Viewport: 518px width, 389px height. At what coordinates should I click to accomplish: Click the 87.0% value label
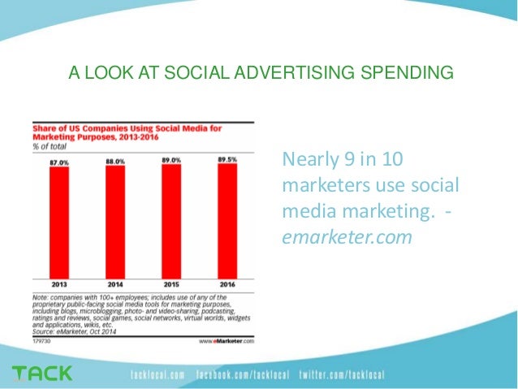(60, 162)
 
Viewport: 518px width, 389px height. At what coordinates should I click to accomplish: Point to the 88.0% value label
(116, 162)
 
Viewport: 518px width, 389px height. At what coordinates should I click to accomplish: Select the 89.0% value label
(171, 161)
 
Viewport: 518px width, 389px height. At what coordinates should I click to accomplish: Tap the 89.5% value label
(227, 161)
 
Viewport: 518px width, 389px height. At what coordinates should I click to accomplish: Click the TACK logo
(41, 374)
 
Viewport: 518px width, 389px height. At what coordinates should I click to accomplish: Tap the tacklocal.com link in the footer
(158, 375)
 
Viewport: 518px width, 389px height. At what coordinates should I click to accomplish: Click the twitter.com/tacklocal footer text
(341, 375)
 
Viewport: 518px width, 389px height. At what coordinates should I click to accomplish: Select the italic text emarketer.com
(347, 238)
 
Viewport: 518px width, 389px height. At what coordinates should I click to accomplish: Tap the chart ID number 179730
(40, 341)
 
